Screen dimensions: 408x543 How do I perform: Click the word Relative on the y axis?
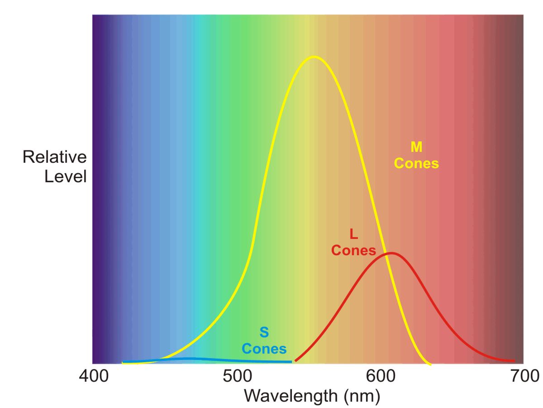(54, 157)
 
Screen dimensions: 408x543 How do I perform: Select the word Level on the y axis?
(65, 176)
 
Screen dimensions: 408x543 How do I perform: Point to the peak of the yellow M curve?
(313, 57)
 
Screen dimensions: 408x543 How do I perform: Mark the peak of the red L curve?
(390, 253)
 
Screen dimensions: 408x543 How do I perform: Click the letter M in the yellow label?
(416, 146)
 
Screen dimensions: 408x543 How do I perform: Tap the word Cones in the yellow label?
(416, 163)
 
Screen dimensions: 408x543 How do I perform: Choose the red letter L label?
(354, 234)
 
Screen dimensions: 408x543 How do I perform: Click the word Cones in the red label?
(353, 250)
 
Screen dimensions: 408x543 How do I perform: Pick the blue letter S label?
(264, 332)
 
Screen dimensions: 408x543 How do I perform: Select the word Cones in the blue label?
(264, 349)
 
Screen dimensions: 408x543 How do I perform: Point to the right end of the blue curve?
(291, 361)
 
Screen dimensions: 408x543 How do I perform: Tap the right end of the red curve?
(514, 361)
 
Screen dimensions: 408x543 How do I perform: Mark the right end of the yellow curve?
(430, 364)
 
